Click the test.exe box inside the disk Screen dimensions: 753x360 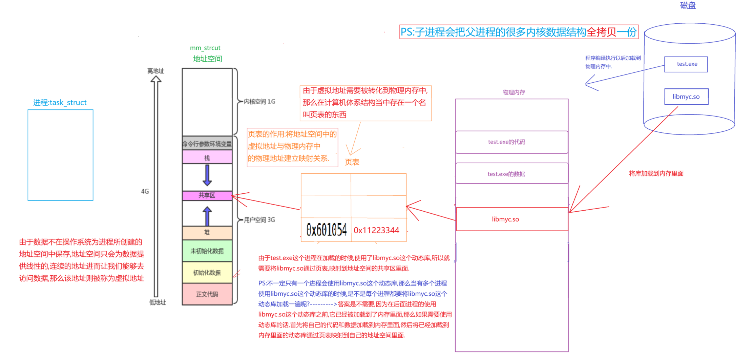(x=686, y=64)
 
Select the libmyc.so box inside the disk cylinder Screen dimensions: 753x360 (x=686, y=97)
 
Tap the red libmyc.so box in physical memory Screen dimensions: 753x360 (x=512, y=219)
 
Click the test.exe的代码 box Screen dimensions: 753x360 (x=512, y=142)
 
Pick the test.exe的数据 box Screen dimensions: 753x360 (x=512, y=173)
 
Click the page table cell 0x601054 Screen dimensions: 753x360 (x=326, y=230)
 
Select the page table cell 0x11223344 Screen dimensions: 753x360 (x=378, y=230)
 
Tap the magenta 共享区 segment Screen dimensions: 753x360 (x=207, y=196)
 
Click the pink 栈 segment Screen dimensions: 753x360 (x=207, y=157)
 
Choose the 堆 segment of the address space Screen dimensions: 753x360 (x=207, y=233)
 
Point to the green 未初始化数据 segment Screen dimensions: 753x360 (x=207, y=251)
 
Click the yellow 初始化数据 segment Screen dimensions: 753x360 (x=207, y=272)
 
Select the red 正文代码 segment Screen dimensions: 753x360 (x=207, y=294)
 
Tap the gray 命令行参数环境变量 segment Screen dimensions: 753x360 (x=207, y=143)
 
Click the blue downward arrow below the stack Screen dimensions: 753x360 (x=207, y=175)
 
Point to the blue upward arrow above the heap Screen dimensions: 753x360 (x=207, y=216)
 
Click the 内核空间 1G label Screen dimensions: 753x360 (x=259, y=102)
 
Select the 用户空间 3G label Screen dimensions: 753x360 (x=259, y=220)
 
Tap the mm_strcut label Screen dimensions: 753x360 (x=205, y=48)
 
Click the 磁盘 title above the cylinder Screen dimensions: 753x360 (x=688, y=5)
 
